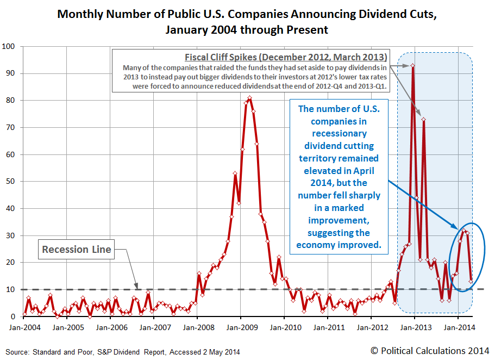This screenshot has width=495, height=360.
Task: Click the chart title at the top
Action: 247,21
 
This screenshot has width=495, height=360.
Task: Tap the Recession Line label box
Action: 77,250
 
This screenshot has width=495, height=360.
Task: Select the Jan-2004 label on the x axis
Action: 24,328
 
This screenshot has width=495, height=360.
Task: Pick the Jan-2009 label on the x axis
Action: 241,328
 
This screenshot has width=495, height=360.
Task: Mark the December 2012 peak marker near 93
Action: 413,66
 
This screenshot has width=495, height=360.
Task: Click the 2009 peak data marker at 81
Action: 249,98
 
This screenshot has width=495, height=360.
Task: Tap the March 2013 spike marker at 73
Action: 423,120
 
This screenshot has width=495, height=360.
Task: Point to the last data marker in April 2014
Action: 471,281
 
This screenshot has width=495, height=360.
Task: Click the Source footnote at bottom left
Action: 122,352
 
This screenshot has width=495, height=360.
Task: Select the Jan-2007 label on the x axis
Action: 154,328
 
